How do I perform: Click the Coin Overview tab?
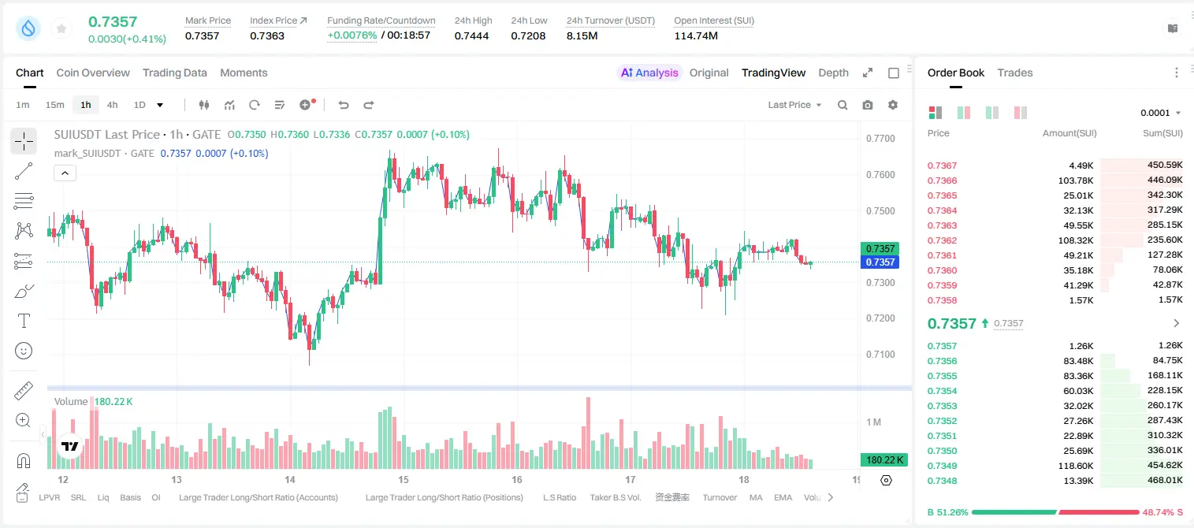[93, 73]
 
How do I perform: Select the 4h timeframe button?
[112, 105]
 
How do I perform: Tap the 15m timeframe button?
[55, 105]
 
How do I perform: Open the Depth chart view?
[833, 73]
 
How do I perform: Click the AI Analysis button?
[649, 73]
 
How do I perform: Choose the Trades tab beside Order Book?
[1015, 73]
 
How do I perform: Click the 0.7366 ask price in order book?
[942, 180]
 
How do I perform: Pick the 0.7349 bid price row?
[942, 466]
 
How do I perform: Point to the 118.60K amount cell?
[1075, 466]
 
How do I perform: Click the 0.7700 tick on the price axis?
[880, 139]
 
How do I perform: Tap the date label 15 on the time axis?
[404, 479]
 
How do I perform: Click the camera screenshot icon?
[868, 105]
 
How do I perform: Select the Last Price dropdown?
[794, 105]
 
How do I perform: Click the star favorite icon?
[61, 28]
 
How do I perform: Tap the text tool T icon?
[24, 321]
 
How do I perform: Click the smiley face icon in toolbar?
[24, 351]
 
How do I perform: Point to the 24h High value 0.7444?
[471, 35]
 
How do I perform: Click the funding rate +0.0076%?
[352, 35]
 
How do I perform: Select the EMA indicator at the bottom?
[783, 497]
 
